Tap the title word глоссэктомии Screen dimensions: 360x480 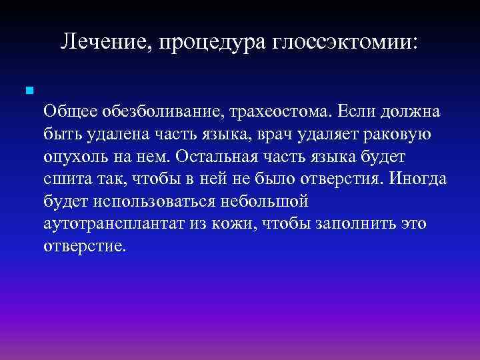click(345, 42)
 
